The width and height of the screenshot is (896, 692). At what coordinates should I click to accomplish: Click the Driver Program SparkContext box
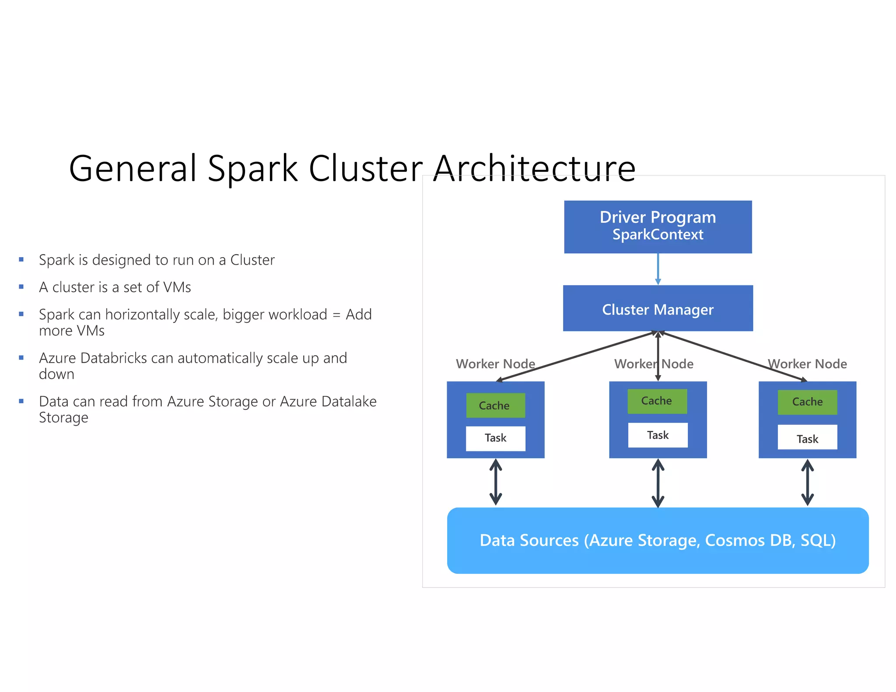pyautogui.click(x=658, y=227)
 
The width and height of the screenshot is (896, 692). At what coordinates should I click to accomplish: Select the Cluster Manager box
pyautogui.click(x=658, y=308)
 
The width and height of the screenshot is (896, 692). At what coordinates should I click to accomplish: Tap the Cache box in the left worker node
pyautogui.click(x=495, y=405)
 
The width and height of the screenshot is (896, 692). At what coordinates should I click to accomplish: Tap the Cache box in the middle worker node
pyautogui.click(x=657, y=401)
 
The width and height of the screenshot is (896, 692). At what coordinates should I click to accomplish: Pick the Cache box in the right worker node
pyautogui.click(x=807, y=402)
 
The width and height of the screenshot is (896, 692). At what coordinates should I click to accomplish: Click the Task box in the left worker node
pyautogui.click(x=495, y=438)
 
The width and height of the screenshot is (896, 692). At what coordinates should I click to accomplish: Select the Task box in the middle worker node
pyautogui.click(x=658, y=435)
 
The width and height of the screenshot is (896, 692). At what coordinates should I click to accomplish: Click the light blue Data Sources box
pyautogui.click(x=658, y=540)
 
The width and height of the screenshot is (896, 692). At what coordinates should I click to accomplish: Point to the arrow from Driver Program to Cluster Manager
pyautogui.click(x=658, y=269)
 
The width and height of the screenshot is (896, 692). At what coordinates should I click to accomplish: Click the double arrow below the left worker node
pyautogui.click(x=495, y=482)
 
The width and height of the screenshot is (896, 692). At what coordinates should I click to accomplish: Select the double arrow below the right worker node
pyautogui.click(x=807, y=482)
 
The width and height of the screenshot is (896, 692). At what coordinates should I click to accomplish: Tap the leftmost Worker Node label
pyautogui.click(x=495, y=363)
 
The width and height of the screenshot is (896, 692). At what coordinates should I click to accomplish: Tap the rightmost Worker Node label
pyautogui.click(x=808, y=363)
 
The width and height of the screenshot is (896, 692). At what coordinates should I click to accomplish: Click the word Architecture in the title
pyautogui.click(x=534, y=168)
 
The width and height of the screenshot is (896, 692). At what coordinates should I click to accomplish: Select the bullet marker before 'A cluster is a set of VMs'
pyautogui.click(x=21, y=287)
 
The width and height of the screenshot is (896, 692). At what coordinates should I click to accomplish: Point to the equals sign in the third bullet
pyautogui.click(x=336, y=315)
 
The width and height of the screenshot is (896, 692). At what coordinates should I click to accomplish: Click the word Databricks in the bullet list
pyautogui.click(x=114, y=358)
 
